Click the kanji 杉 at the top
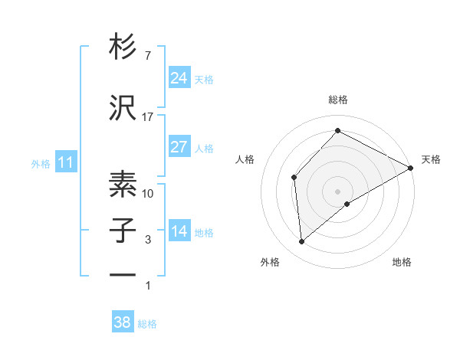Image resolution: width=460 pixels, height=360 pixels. pyautogui.click(x=123, y=48)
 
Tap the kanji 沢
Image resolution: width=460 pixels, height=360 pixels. pyautogui.click(x=123, y=109)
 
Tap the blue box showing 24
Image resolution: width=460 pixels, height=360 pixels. pyautogui.click(x=179, y=78)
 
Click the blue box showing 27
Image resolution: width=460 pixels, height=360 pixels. pyautogui.click(x=179, y=147)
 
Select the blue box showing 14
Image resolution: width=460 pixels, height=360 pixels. pyautogui.click(x=179, y=232)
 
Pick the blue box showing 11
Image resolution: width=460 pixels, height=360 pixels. pyautogui.click(x=65, y=162)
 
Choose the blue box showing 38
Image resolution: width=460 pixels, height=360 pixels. pyautogui.click(x=123, y=322)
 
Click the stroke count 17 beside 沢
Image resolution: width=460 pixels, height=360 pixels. pyautogui.click(x=148, y=116)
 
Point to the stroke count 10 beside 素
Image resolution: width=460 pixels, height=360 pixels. pyautogui.click(x=148, y=193)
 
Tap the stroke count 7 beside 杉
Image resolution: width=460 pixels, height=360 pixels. pyautogui.click(x=148, y=56)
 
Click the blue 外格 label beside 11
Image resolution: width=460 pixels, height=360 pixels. pyautogui.click(x=41, y=163)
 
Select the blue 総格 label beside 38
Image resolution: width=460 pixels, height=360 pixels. pyautogui.click(x=147, y=324)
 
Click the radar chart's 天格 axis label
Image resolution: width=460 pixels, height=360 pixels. pyautogui.click(x=431, y=159)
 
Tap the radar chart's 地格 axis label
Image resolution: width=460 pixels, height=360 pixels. pyautogui.click(x=402, y=263)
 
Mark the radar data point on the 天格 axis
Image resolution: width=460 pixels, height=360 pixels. pyautogui.click(x=411, y=168)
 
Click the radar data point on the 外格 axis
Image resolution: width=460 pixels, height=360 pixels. pyautogui.click(x=302, y=242)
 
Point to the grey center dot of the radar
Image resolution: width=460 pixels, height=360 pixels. pyautogui.click(x=337, y=191)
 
